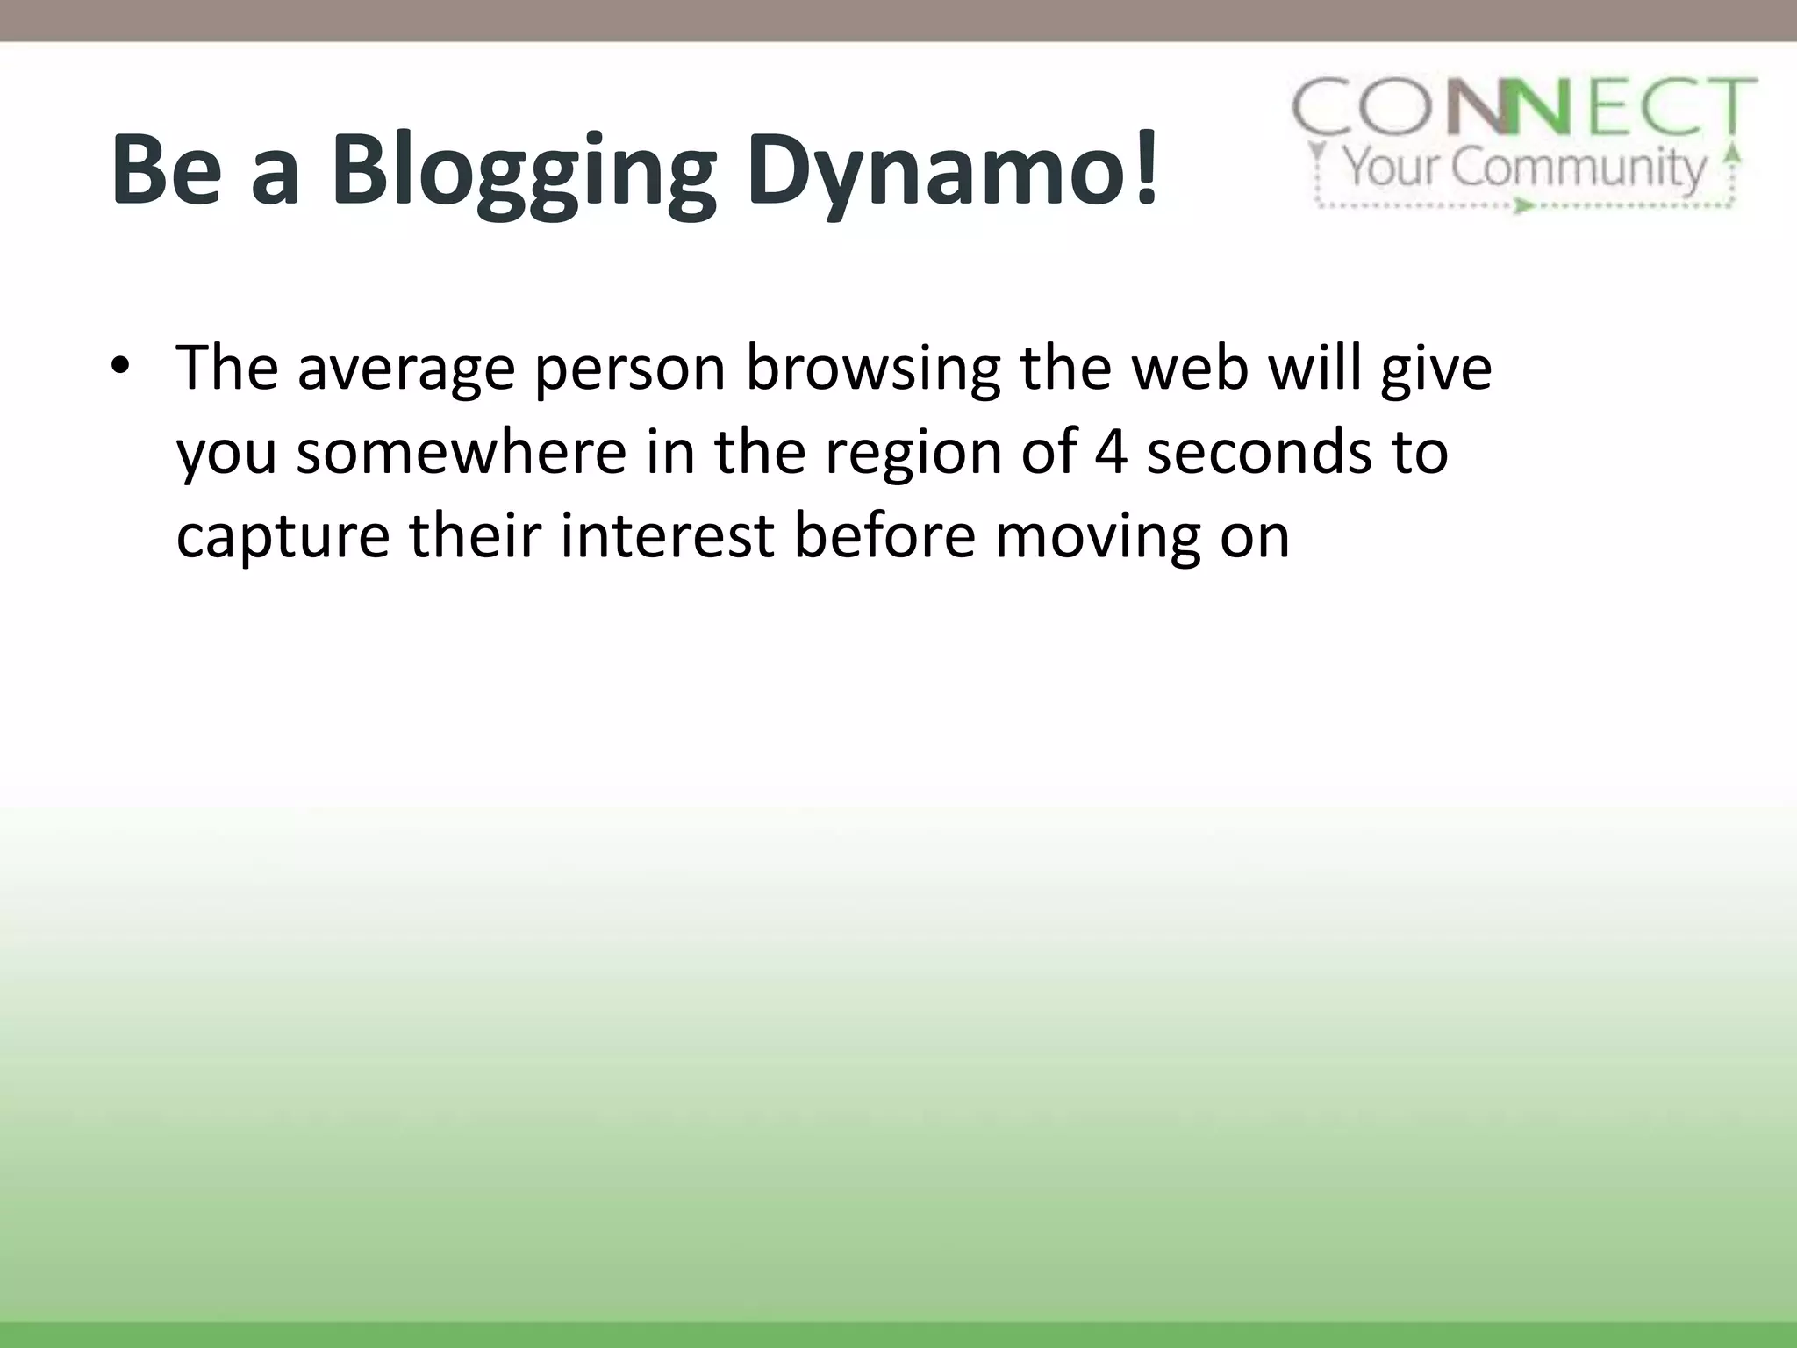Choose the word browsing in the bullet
point(873,369)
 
